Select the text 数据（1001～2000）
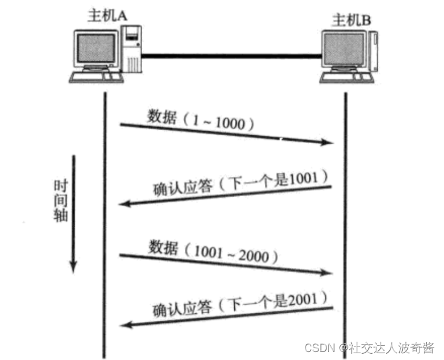[209, 251]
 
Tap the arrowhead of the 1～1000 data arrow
[330, 143]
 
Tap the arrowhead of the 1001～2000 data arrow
[330, 273]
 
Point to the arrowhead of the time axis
[73, 267]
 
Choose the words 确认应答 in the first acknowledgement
[176, 188]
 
